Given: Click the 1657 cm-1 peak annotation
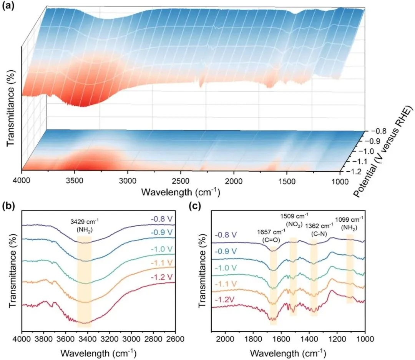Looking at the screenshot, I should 271,234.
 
